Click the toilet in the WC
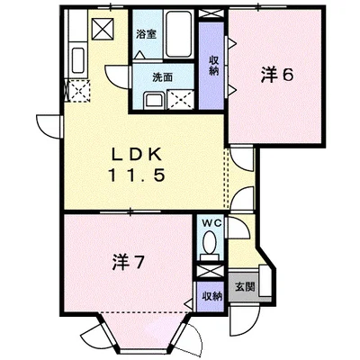[x=209, y=243]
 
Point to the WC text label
[x=209, y=222]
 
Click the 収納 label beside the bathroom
[x=213, y=66]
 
